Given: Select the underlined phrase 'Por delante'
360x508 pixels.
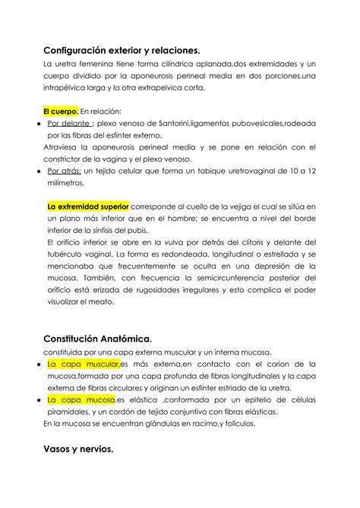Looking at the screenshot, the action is point(69,123).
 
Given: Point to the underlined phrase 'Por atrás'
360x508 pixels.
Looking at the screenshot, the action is point(65,172).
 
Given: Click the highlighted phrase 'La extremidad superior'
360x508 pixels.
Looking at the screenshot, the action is point(87,206).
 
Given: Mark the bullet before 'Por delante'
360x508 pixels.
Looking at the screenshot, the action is point(38,123).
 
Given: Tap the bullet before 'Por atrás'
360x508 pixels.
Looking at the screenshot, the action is point(38,172).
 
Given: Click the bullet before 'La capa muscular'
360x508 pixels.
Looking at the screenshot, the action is point(38,364).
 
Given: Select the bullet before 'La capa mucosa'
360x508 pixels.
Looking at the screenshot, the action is point(38,399).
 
